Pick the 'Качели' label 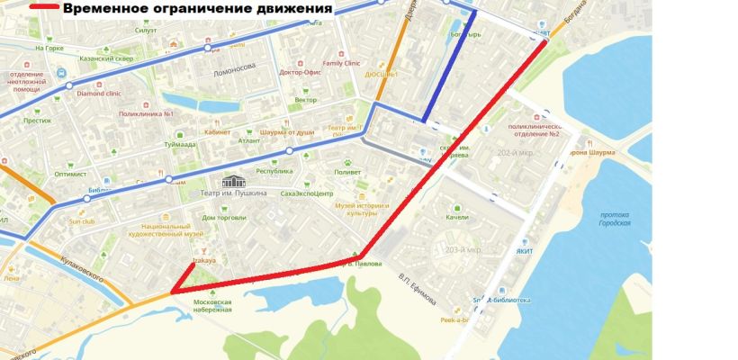457,218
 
